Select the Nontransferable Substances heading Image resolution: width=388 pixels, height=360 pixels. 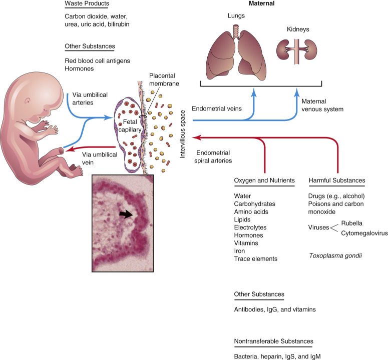(x=273, y=341)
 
